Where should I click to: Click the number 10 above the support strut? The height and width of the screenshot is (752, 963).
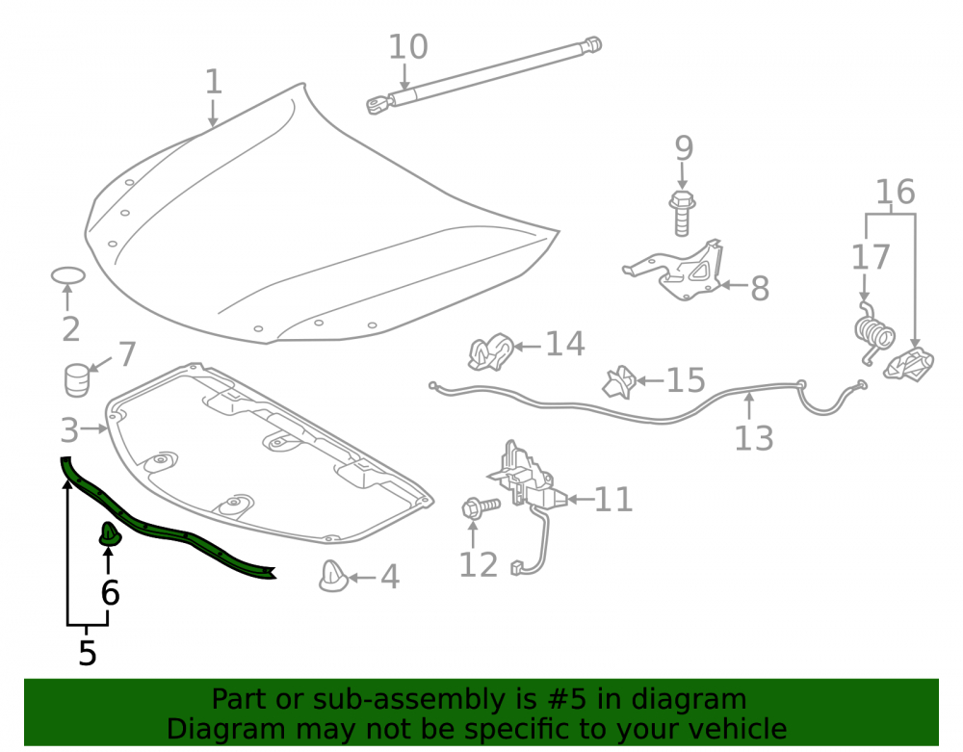tap(408, 47)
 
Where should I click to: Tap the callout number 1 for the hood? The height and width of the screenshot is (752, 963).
tap(213, 82)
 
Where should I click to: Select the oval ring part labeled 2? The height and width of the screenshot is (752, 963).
tap(67, 275)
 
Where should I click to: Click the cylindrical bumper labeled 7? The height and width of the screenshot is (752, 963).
tap(77, 380)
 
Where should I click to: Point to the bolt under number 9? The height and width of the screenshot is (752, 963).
tap(682, 213)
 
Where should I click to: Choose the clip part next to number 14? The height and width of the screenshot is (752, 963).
tap(491, 351)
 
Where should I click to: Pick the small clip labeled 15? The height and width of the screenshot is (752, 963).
tap(619, 382)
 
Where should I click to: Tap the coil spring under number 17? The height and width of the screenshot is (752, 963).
tap(874, 333)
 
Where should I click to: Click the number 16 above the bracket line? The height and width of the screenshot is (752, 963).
tap(895, 193)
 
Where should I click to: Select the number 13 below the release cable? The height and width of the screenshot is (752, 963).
tap(754, 438)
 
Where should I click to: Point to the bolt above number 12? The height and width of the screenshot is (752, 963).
tap(481, 507)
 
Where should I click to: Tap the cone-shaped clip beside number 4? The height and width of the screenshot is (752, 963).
tap(333, 576)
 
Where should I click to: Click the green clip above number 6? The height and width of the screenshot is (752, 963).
tap(110, 534)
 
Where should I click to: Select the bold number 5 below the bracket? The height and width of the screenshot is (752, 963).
tap(88, 653)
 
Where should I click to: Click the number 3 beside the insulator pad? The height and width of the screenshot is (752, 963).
tap(69, 429)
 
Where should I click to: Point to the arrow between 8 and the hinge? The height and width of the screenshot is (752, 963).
tap(733, 285)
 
